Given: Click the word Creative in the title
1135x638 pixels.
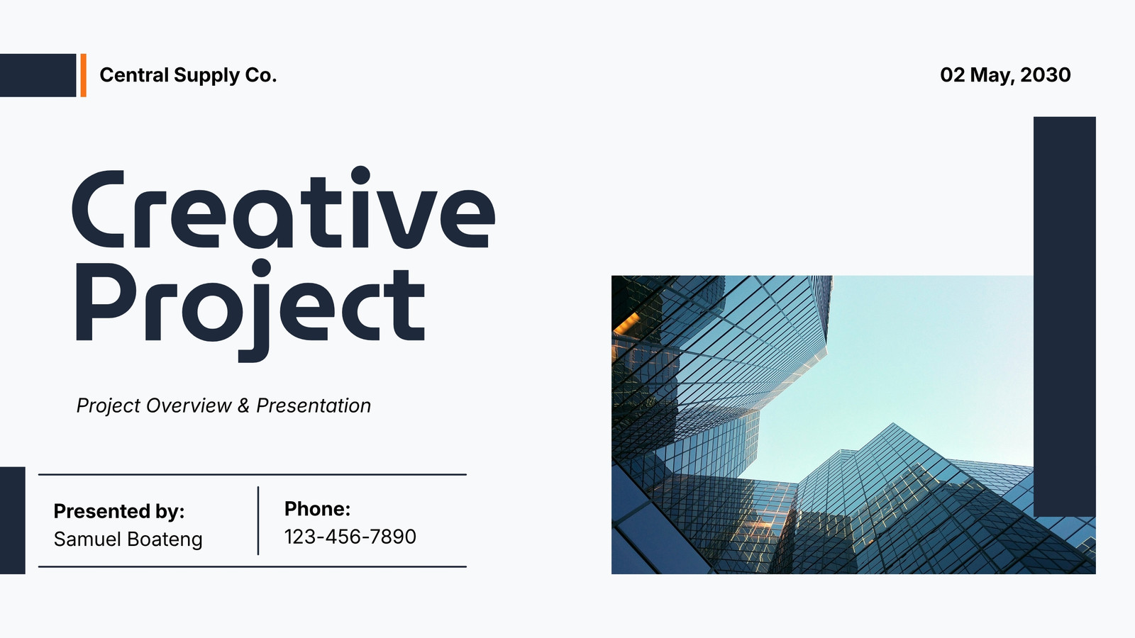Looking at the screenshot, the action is pos(284,208).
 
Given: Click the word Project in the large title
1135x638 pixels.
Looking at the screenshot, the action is pos(250,310).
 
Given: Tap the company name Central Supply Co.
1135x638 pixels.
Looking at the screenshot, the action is pos(188,75).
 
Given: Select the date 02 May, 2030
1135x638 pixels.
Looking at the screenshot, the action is pos(1005,75).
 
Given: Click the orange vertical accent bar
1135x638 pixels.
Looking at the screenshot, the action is pos(84,75).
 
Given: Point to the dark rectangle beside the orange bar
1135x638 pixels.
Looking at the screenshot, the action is pos(38,75).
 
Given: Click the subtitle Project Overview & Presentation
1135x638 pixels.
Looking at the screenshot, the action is pos(223,405).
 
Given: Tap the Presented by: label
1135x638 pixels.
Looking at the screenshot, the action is pos(119,511).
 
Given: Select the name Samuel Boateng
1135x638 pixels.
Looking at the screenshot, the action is pos(128,539).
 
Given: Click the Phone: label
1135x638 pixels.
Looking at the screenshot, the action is pos(317,509).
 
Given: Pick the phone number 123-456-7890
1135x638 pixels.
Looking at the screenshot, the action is pos(350,537).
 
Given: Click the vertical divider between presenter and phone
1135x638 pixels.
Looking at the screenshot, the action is pos(258,520).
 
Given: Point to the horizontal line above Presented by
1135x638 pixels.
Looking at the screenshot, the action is pos(253,474).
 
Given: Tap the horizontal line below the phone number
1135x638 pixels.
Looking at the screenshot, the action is pos(253,566).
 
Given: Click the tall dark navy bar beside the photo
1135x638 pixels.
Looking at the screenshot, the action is pos(1065,316).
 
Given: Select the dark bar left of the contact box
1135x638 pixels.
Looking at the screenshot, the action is pos(13,520).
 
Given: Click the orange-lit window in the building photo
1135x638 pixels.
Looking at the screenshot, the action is pos(626,323).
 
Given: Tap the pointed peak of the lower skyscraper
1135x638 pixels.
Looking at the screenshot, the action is pos(893,425).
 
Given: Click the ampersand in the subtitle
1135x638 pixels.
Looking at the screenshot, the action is pos(243,405).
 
